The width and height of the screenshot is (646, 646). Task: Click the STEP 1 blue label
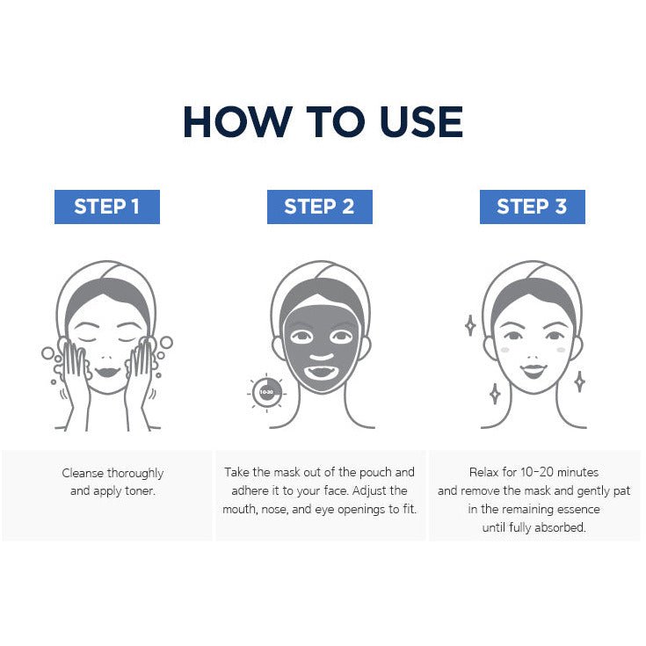pos(107,207)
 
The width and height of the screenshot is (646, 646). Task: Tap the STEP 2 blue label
pos(320,207)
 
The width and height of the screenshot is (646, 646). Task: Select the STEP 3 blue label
pos(533,207)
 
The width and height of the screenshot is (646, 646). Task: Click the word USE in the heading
pos(422,122)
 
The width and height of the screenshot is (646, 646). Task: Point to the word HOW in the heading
pos(238,122)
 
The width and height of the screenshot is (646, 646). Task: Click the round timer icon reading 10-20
pos(266,392)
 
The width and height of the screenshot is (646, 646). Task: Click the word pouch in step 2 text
pos(376,473)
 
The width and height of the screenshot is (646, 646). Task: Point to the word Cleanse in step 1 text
pos(83,473)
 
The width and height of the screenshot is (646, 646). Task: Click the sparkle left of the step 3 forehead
pos(470,325)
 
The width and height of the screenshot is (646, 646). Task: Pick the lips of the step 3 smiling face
pos(533,370)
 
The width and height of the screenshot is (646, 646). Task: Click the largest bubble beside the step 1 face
pos(166,343)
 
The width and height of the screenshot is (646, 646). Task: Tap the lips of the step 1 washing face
pos(107,372)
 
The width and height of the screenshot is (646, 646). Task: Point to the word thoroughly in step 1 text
pos(135,474)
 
